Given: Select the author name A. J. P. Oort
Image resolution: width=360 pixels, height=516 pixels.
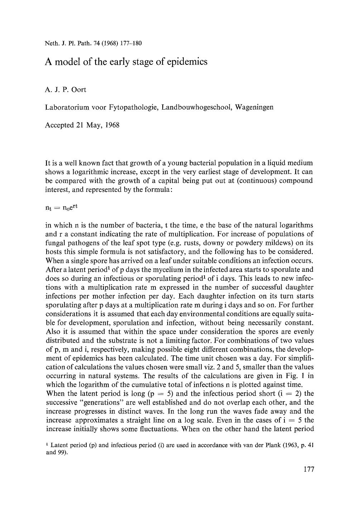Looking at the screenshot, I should (66, 90).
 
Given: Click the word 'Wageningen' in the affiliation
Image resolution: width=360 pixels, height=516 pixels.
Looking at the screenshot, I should (254, 107).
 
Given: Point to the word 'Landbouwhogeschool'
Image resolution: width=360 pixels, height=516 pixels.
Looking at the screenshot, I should (197, 107).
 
